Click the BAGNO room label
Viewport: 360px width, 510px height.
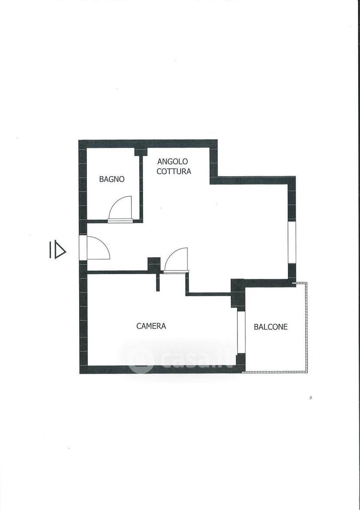pyautogui.click(x=112, y=179)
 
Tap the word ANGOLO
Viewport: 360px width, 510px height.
pyautogui.click(x=173, y=161)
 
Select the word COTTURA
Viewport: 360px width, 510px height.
pyautogui.click(x=174, y=171)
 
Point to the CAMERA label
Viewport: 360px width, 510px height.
pyautogui.click(x=151, y=326)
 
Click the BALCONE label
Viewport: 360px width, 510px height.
pyautogui.click(x=270, y=326)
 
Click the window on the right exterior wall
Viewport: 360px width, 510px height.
pyautogui.click(x=292, y=242)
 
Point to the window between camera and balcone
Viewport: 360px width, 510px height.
pyautogui.click(x=241, y=332)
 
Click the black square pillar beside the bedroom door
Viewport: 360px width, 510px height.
pyautogui.click(x=154, y=264)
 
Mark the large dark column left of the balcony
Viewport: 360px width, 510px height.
pyautogui.click(x=237, y=293)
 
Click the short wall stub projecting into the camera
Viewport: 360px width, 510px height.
pyautogui.click(x=158, y=281)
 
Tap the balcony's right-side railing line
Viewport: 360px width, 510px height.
pyautogui.click(x=306, y=327)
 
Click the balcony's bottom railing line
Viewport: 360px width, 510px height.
pyautogui.click(x=276, y=371)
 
